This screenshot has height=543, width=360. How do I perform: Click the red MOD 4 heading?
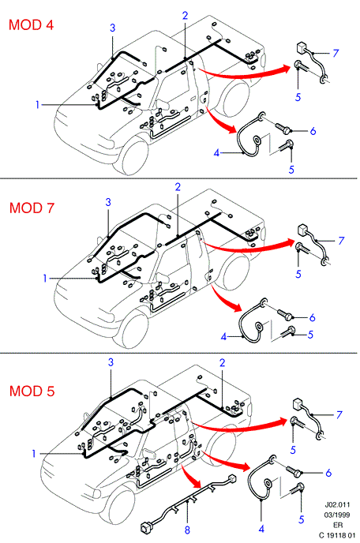coord(31,25)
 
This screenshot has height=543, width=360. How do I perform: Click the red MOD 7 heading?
coord(32,208)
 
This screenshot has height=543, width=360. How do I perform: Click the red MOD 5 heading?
coord(32,391)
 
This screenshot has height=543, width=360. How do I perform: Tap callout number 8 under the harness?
coord(187,530)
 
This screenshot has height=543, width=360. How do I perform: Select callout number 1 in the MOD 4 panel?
coord(38,104)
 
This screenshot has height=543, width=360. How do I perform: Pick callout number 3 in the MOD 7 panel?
coord(108,202)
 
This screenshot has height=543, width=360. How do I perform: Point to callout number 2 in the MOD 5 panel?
coord(222,362)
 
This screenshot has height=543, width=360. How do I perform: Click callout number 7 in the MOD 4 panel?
coord(336,53)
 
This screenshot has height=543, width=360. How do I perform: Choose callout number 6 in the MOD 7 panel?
coord(312,317)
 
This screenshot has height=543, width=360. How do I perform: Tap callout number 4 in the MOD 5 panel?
coord(261,529)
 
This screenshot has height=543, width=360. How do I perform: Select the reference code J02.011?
coord(337,505)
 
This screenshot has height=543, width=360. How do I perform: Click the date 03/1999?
coord(337,515)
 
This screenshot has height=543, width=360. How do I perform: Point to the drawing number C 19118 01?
coord(337,535)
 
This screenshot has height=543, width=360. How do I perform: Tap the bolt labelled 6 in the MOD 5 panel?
coord(294,470)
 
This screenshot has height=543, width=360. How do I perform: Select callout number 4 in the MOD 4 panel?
coord(216,152)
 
